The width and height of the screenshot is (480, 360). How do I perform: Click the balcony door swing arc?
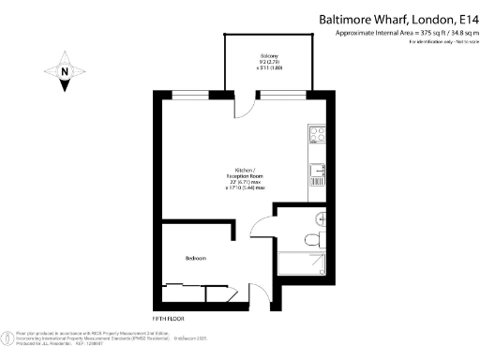[x=242, y=104]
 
